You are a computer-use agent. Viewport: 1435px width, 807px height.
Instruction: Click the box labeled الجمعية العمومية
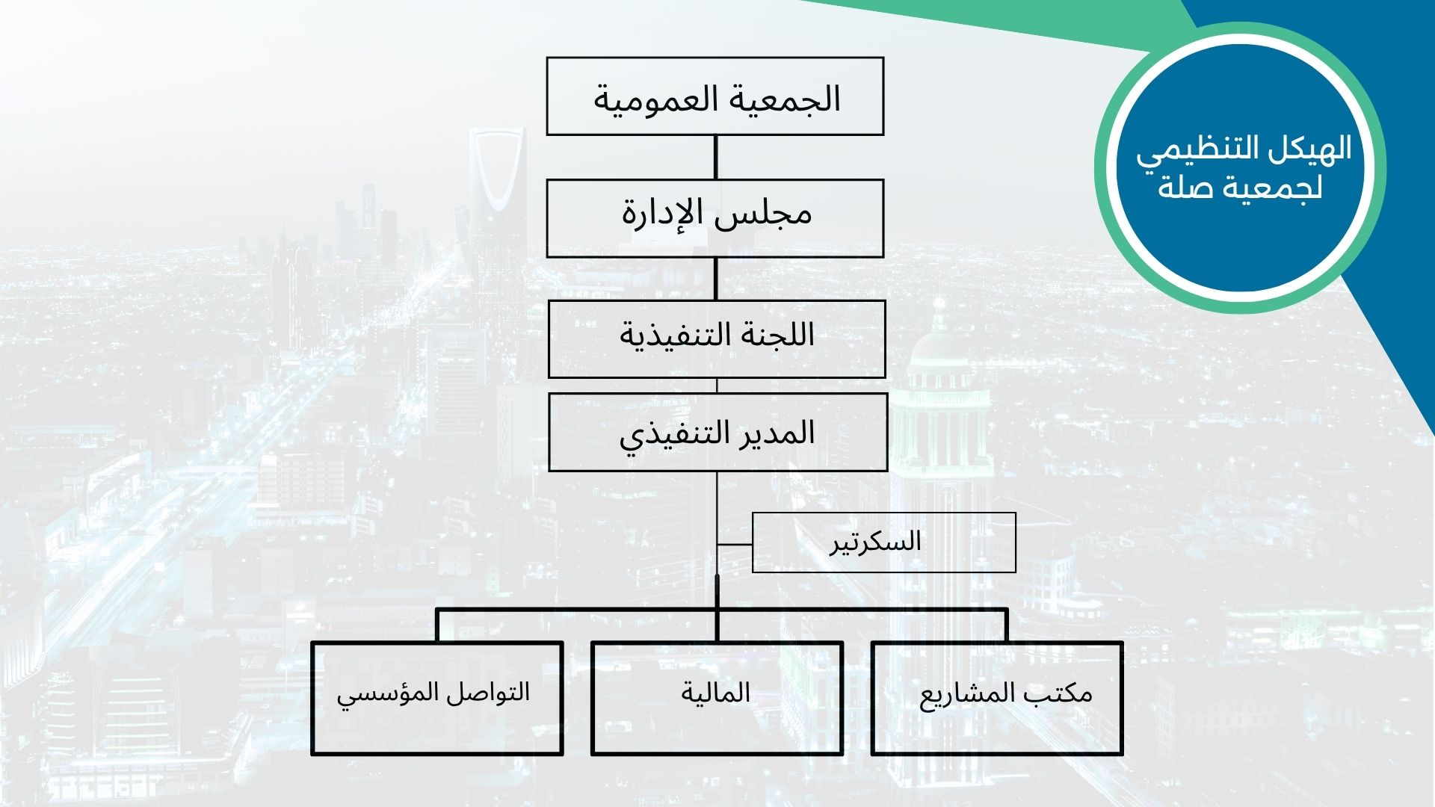click(x=715, y=96)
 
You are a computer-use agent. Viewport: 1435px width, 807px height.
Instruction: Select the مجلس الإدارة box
click(x=715, y=218)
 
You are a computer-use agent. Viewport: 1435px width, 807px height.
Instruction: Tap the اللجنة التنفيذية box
click(x=717, y=339)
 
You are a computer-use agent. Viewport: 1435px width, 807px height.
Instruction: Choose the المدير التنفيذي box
click(x=718, y=433)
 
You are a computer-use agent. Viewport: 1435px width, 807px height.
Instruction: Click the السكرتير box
click(x=884, y=542)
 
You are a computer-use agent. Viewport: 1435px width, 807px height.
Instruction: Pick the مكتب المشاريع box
click(x=997, y=698)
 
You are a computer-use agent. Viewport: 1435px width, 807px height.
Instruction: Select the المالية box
click(x=717, y=698)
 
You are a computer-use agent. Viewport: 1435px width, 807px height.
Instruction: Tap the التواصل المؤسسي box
click(x=437, y=698)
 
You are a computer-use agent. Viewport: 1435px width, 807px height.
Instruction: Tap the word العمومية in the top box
click(x=652, y=100)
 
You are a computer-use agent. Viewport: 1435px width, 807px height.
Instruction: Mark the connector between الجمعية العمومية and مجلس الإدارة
click(x=715, y=157)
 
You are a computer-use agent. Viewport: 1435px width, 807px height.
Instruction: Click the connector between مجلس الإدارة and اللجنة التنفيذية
click(x=715, y=279)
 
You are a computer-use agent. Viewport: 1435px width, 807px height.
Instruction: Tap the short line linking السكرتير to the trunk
click(x=735, y=545)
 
